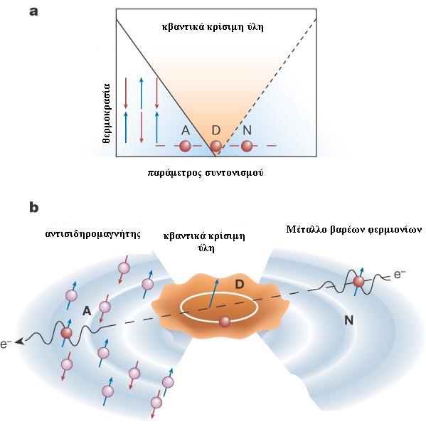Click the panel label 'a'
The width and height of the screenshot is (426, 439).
tap(33, 12)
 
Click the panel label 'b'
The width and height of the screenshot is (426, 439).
tap(34, 208)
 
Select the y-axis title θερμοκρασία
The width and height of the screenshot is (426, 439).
tap(107, 113)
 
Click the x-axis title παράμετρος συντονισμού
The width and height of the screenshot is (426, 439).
tap(205, 173)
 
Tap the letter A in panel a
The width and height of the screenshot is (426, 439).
tap(186, 130)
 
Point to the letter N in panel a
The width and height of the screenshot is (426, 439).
tap(247, 130)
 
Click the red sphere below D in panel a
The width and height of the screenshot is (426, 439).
tap(215, 146)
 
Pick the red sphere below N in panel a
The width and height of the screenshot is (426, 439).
tap(247, 146)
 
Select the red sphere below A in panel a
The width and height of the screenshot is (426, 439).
tap(186, 146)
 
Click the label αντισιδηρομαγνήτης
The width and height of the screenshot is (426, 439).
tap(93, 234)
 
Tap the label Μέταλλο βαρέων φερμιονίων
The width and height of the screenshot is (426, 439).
tap(353, 230)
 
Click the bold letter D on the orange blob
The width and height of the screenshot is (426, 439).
tap(240, 285)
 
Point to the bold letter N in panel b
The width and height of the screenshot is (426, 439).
tap(348, 319)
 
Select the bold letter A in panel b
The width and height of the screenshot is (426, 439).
tap(87, 311)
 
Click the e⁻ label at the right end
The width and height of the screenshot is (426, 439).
tap(400, 275)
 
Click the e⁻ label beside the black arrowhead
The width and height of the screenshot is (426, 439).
tap(6, 344)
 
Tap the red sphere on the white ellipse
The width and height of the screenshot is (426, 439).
tap(225, 322)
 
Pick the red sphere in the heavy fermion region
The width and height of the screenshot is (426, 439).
tap(358, 281)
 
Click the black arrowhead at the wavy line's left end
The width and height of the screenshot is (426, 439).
tap(19, 342)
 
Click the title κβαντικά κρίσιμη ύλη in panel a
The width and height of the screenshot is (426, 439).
tap(213, 28)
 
